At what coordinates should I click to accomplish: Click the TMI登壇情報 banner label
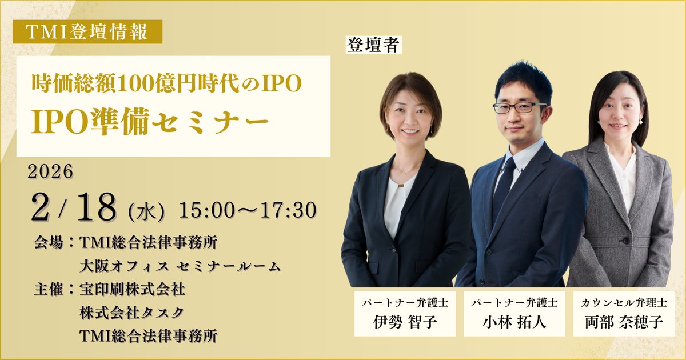(x=87, y=32)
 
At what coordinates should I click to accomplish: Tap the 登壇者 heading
(x=373, y=45)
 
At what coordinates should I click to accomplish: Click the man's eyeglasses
(x=519, y=107)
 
